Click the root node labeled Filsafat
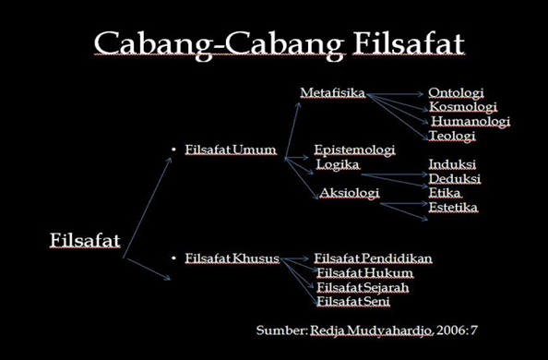[84, 241]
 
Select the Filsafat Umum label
[231, 149]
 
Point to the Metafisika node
[333, 92]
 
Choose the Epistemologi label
[354, 149]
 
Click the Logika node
[338, 164]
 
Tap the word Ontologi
[456, 92]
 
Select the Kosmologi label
[459, 106]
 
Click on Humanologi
[471, 121]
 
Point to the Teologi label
[452, 136]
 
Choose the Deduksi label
[455, 178]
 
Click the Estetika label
[453, 207]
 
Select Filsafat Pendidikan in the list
[374, 257]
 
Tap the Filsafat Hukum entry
[364, 272]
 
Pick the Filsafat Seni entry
[353, 301]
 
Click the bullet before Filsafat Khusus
[173, 257]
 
